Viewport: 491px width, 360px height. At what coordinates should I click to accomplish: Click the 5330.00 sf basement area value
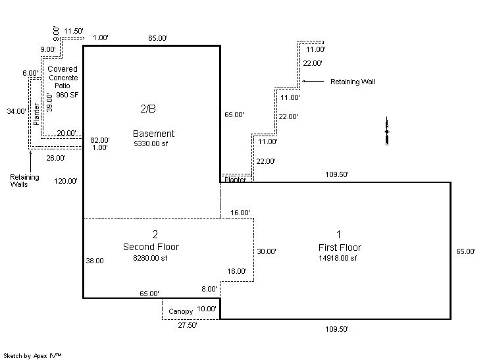(153, 143)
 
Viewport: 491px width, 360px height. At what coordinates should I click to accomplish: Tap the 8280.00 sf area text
(151, 259)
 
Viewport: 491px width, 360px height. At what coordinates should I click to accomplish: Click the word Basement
(153, 134)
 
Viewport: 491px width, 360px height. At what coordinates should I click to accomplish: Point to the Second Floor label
(151, 247)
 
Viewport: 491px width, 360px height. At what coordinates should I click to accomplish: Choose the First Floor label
(339, 247)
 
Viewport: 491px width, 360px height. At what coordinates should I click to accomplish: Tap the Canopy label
(180, 311)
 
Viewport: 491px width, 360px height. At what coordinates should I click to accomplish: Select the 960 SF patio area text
(67, 95)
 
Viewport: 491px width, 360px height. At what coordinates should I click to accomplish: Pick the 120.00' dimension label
(66, 181)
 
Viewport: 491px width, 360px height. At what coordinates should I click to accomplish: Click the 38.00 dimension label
(94, 261)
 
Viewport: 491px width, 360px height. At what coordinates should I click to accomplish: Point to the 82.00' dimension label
(99, 140)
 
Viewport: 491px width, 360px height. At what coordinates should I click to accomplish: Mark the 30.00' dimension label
(266, 251)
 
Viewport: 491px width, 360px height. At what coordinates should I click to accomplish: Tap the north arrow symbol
(387, 132)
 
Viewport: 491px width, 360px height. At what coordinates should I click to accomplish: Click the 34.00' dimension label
(16, 112)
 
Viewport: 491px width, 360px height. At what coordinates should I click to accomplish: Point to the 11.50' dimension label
(74, 31)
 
